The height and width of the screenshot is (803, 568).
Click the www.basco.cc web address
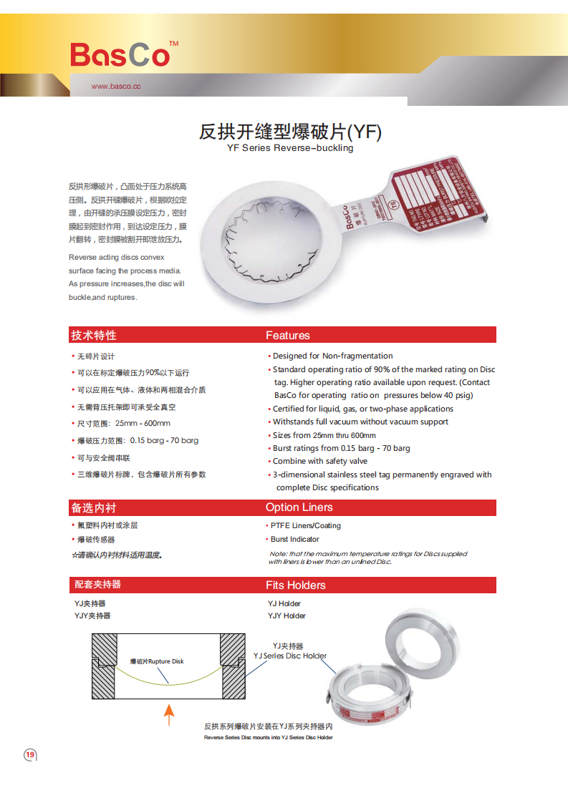[x=116, y=87]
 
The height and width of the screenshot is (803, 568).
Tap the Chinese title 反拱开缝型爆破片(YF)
[x=290, y=132]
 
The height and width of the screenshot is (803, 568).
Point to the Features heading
[x=288, y=335]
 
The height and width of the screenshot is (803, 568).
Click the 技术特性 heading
[x=93, y=335]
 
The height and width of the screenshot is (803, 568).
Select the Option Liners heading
[x=299, y=507]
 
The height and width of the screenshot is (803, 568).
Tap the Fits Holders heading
[x=296, y=585]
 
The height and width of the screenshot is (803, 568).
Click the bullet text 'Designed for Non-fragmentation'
[x=332, y=356]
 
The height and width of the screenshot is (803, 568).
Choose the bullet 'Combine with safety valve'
[x=319, y=461]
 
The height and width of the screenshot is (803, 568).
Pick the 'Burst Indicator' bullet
[x=294, y=539]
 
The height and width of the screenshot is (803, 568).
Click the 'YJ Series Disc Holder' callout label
[x=290, y=656]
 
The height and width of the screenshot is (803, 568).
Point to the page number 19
[x=30, y=754]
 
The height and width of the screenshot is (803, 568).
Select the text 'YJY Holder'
[x=287, y=615]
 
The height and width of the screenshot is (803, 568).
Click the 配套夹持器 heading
[x=97, y=585]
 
